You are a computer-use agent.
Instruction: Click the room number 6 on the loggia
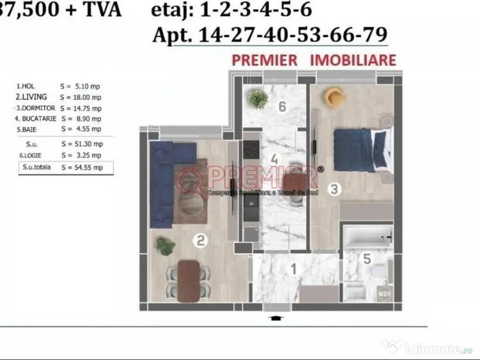pyautogui.click(x=282, y=107)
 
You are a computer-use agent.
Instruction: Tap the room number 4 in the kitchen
pyautogui.click(x=274, y=159)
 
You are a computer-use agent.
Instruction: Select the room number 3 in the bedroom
pyautogui.click(x=334, y=189)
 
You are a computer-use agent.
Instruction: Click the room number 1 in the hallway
pyautogui.click(x=293, y=269)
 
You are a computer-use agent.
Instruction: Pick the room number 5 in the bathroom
pyautogui.click(x=367, y=260)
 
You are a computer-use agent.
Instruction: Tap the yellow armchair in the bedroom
pyautogui.click(x=335, y=97)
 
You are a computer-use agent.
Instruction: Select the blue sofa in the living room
pyautogui.click(x=164, y=182)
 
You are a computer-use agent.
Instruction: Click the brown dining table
pyautogui.click(x=189, y=280)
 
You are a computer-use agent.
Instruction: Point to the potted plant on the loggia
pyautogui.click(x=258, y=98)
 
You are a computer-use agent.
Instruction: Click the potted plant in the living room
pyautogui.click(x=166, y=246)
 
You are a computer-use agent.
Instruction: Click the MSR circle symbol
pyautogui.click(x=384, y=295)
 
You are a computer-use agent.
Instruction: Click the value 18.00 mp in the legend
pyautogui.click(x=81, y=97)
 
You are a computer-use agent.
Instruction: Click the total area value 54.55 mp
pyautogui.click(x=81, y=168)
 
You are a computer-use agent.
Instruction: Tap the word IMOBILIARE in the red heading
pyautogui.click(x=353, y=60)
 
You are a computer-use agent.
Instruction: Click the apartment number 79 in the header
pyautogui.click(x=374, y=35)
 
